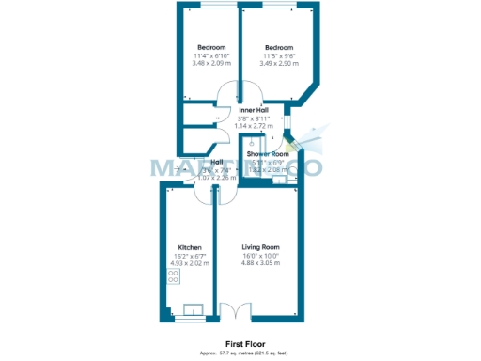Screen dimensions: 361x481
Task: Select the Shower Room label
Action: click(268, 154)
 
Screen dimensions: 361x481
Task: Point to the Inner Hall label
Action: click(254, 110)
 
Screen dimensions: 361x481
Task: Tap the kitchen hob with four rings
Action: click(174, 276)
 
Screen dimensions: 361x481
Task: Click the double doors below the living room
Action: click(235, 310)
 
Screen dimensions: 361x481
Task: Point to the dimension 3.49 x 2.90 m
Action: click(279, 63)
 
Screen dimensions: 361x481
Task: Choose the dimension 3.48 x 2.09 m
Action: click(211, 63)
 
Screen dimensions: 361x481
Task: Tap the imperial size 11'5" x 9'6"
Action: click(279, 55)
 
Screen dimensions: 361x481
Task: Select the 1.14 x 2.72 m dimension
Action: click(254, 125)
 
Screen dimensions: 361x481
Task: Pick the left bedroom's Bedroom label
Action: click(211, 48)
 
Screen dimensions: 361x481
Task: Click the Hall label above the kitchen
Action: click(216, 162)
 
